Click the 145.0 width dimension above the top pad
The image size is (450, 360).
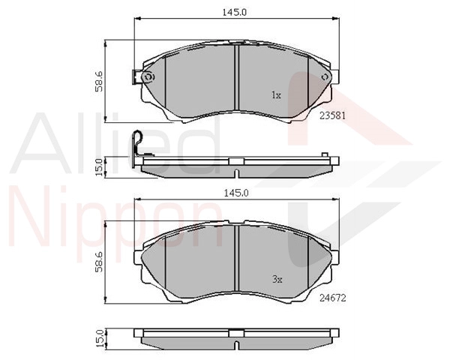click(x=235, y=12)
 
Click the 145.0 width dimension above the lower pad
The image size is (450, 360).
click(x=236, y=193)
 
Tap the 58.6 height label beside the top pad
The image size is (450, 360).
click(x=99, y=82)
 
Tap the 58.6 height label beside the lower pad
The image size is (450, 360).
click(x=99, y=262)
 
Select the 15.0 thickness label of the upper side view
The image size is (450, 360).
click(x=99, y=167)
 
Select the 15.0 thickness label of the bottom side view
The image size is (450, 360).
click(x=99, y=339)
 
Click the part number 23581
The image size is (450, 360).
click(x=333, y=115)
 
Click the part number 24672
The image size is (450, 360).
click(x=333, y=298)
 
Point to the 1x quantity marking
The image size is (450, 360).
click(x=276, y=95)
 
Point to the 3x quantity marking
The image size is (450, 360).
click(x=277, y=279)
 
